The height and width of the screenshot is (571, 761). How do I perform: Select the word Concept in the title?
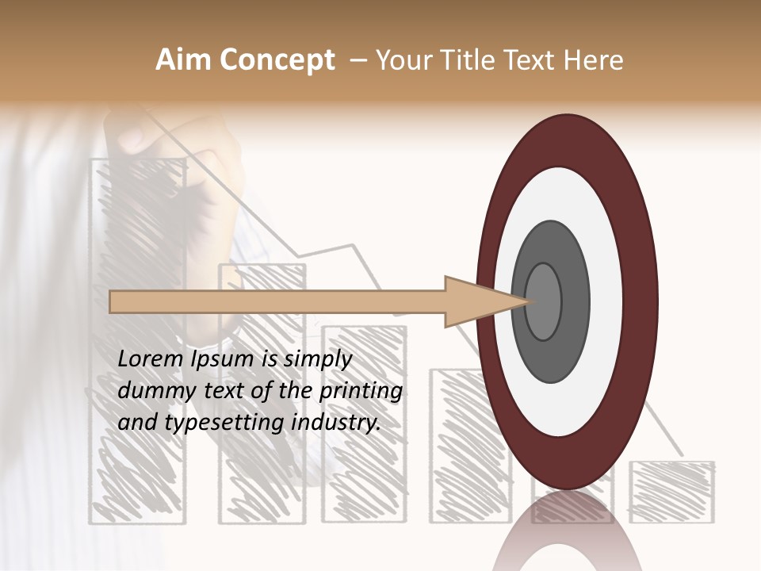click(x=277, y=60)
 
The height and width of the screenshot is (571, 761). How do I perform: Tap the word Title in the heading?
click(x=471, y=60)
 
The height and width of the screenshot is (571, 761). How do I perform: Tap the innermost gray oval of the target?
click(x=544, y=301)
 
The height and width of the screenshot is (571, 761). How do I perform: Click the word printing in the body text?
click(x=361, y=392)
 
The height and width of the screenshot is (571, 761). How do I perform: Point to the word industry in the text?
click(x=336, y=423)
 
